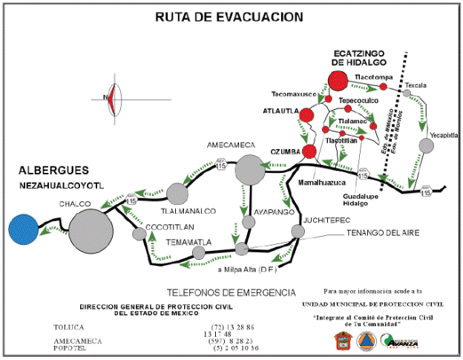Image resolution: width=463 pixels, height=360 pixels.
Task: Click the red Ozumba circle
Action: (x=310, y=151)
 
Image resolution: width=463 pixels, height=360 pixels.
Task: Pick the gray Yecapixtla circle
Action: (x=426, y=145)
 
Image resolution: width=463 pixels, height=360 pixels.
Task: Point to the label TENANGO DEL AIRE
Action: (x=382, y=233)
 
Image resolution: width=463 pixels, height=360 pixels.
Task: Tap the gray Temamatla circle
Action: (x=198, y=252)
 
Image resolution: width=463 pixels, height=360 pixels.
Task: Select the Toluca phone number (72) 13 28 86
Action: (x=233, y=327)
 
